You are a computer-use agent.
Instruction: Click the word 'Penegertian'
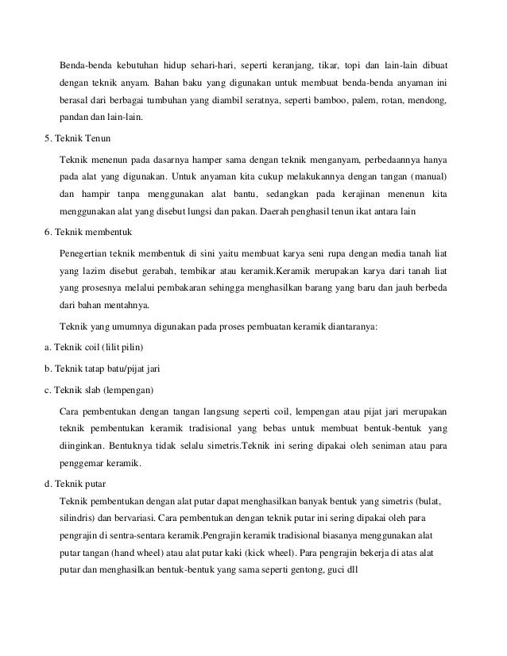tap(87, 253)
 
